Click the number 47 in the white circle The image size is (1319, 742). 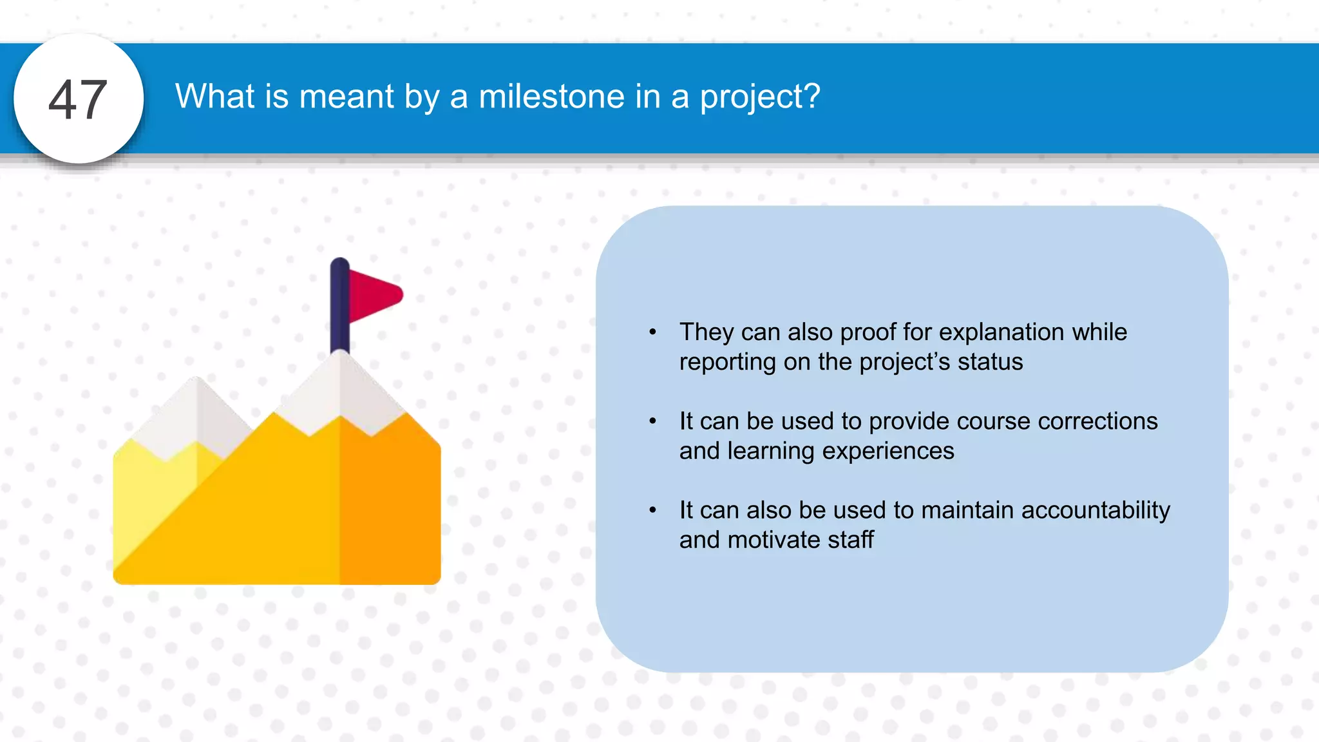click(78, 100)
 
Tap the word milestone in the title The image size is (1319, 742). click(551, 97)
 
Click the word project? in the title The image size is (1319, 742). click(760, 98)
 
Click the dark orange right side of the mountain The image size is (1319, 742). click(390, 509)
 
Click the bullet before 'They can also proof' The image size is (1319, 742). click(652, 332)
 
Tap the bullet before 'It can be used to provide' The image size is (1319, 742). click(652, 421)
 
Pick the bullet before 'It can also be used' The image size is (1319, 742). click(652, 510)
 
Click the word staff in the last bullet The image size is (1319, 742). click(851, 540)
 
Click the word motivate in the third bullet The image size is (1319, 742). click(773, 540)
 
